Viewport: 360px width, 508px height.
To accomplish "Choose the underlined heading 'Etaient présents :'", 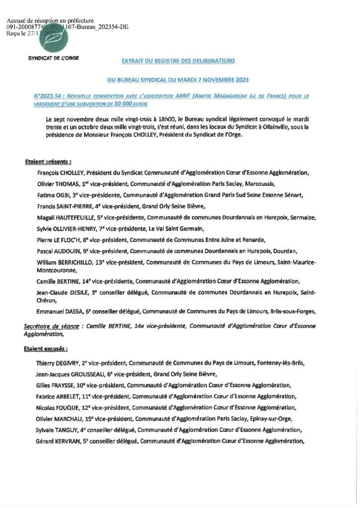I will point(48,161).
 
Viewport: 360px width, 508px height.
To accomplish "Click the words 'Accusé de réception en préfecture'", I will point(51,20).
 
